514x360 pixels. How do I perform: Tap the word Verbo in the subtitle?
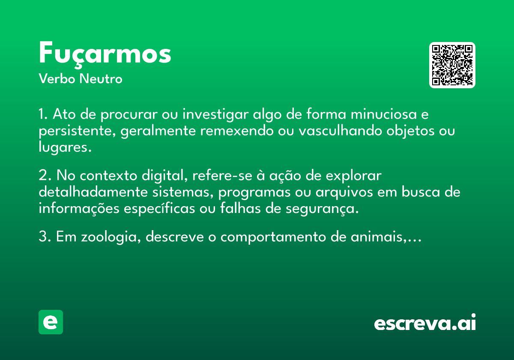point(57,78)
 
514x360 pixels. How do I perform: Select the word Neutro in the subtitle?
point(101,78)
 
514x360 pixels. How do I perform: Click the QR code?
point(452,65)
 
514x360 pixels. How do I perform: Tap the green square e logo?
point(51,322)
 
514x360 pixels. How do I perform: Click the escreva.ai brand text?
point(425,322)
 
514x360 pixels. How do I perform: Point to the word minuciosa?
point(384,114)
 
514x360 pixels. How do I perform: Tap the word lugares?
point(65,147)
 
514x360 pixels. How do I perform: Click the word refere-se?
point(222,176)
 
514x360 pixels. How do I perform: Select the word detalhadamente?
point(93,192)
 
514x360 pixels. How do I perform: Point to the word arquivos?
point(344,192)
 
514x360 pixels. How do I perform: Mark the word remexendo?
point(237,131)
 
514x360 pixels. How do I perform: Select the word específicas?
point(159,209)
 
